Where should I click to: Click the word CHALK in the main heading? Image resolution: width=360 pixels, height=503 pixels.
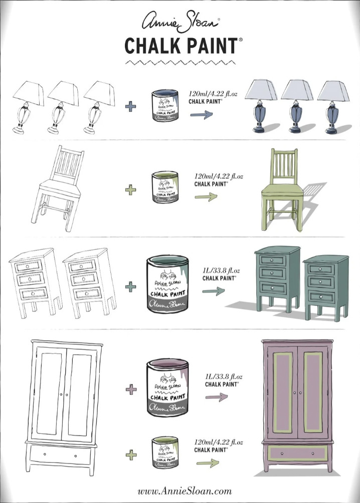152,46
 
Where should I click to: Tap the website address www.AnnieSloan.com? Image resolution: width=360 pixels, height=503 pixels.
185,491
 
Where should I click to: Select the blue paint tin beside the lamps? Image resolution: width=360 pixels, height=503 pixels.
165,105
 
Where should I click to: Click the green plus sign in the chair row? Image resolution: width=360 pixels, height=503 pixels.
131,190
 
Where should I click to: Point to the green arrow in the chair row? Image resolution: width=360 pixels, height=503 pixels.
206,196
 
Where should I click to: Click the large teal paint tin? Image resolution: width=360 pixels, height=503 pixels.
167,285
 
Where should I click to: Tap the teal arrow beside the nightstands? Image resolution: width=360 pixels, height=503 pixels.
214,291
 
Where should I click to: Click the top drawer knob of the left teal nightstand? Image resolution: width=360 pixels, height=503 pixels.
272,261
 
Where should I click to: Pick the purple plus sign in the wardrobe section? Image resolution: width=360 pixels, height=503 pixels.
131,389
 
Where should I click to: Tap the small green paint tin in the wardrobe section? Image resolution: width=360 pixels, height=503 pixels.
165,452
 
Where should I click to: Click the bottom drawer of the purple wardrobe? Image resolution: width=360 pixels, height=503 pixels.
298,453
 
